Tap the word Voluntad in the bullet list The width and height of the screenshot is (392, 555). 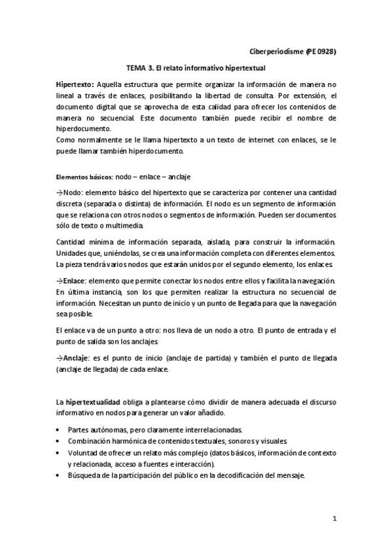click(x=84, y=454)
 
